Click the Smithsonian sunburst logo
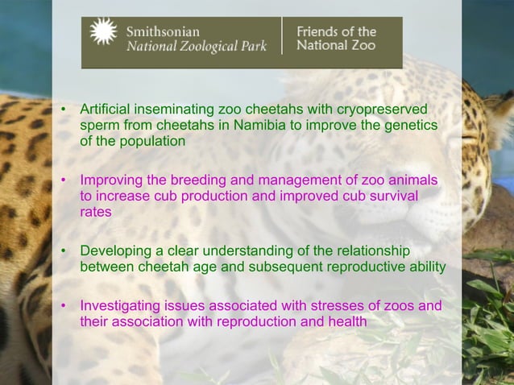[103, 32]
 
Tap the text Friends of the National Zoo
[336, 38]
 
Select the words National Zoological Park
[197, 46]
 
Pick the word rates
[96, 212]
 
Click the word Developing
[116, 250]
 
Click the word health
[347, 321]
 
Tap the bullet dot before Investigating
[64, 306]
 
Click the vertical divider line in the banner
[282, 37]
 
